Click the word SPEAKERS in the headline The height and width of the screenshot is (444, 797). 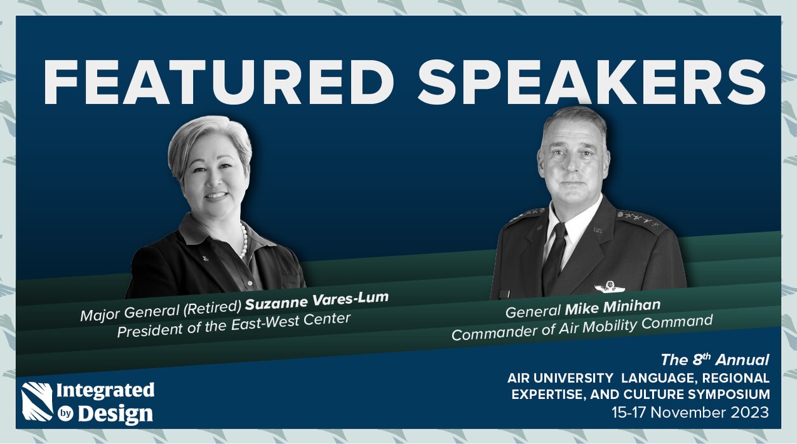[592, 82]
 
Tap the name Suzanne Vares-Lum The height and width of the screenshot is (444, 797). [317, 301]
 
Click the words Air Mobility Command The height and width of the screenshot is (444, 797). [636, 325]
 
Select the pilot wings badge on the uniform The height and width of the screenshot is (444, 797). [609, 285]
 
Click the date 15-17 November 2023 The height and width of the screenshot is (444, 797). [690, 413]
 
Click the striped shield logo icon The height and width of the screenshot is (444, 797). [37, 402]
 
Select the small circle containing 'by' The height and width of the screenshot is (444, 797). [65, 414]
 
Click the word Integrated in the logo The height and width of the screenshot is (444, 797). [105, 391]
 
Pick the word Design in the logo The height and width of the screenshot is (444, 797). [116, 414]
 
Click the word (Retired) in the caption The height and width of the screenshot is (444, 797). [212, 307]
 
